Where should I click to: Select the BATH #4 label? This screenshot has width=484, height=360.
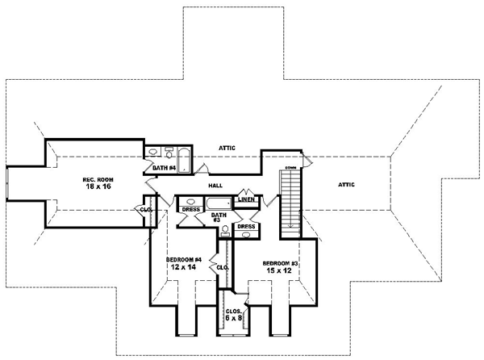tap(165, 167)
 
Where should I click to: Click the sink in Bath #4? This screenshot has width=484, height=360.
tap(153, 151)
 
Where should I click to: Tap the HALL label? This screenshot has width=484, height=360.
tap(215, 185)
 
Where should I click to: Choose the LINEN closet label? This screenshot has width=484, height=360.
tap(248, 199)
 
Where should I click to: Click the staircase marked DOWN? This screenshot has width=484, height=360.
tap(290, 202)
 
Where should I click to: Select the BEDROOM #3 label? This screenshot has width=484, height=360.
tap(280, 263)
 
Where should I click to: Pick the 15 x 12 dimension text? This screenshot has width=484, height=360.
tap(280, 271)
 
